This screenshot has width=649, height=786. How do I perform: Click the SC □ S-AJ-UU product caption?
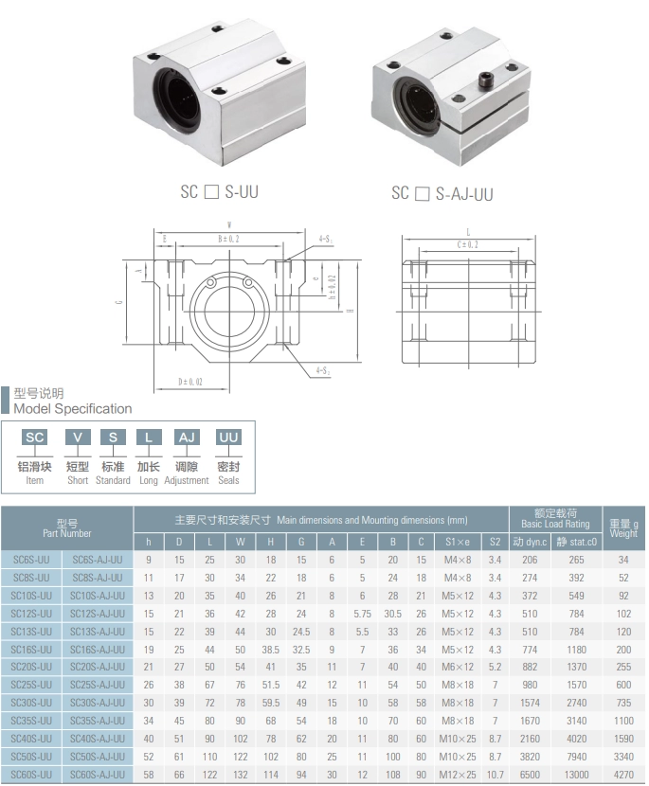[x=442, y=193]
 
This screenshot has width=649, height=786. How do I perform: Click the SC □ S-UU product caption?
[x=219, y=191]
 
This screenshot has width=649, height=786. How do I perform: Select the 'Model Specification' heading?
[x=73, y=409]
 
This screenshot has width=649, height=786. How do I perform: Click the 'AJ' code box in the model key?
[x=187, y=437]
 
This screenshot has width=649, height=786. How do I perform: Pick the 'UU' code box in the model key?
[x=228, y=437]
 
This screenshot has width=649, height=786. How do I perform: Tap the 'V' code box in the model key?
[x=78, y=437]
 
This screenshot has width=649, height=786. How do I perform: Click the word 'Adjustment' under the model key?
[x=187, y=480]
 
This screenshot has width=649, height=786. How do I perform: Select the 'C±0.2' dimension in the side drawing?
[x=468, y=243]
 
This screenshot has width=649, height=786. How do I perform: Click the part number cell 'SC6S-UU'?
[x=33, y=561]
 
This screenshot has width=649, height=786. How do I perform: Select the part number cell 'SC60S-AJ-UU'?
[x=98, y=774]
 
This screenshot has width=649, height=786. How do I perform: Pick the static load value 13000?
[x=576, y=774]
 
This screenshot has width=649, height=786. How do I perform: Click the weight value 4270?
[x=622, y=774]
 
